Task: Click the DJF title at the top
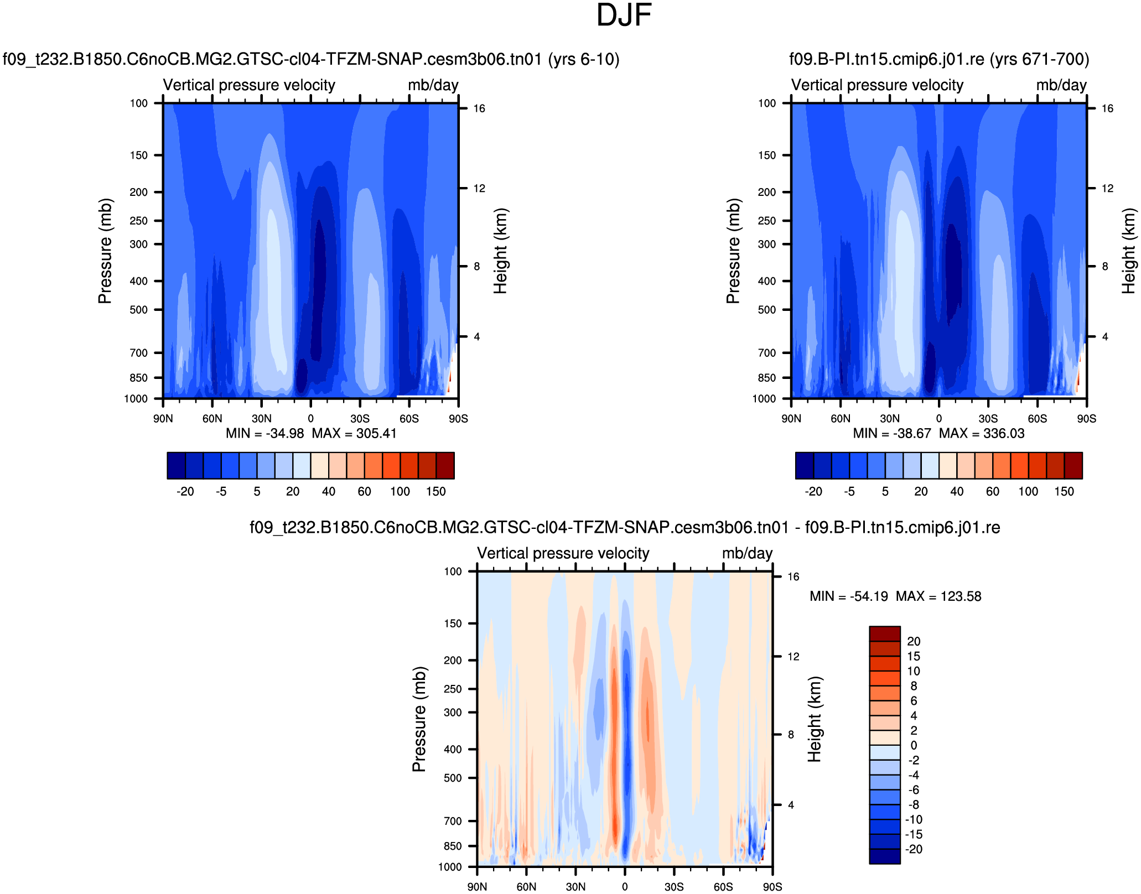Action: pos(624,15)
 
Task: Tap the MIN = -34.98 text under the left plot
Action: pos(264,433)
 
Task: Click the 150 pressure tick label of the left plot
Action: pos(139,155)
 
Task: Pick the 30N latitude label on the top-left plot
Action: pos(262,419)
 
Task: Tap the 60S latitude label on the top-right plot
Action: pos(1037,419)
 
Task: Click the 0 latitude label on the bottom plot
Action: pos(625,887)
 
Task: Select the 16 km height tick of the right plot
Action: pos(1107,108)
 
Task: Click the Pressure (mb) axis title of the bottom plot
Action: pos(419,719)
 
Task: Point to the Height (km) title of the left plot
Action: pos(500,251)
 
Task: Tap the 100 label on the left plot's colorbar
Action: pos(400,491)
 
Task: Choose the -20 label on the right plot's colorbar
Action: pos(813,491)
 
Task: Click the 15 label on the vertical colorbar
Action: pos(913,656)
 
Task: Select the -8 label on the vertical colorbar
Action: pos(913,804)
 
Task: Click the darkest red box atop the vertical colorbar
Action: pos(884,633)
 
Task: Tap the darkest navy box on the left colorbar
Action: pos(176,465)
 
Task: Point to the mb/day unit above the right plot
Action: pos(1061,85)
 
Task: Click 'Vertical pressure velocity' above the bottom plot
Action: pos(563,553)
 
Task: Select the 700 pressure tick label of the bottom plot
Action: pos(453,821)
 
